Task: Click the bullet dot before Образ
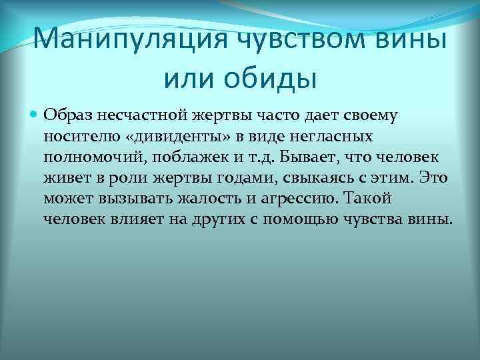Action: point(34,115)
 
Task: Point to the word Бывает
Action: point(306,157)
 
